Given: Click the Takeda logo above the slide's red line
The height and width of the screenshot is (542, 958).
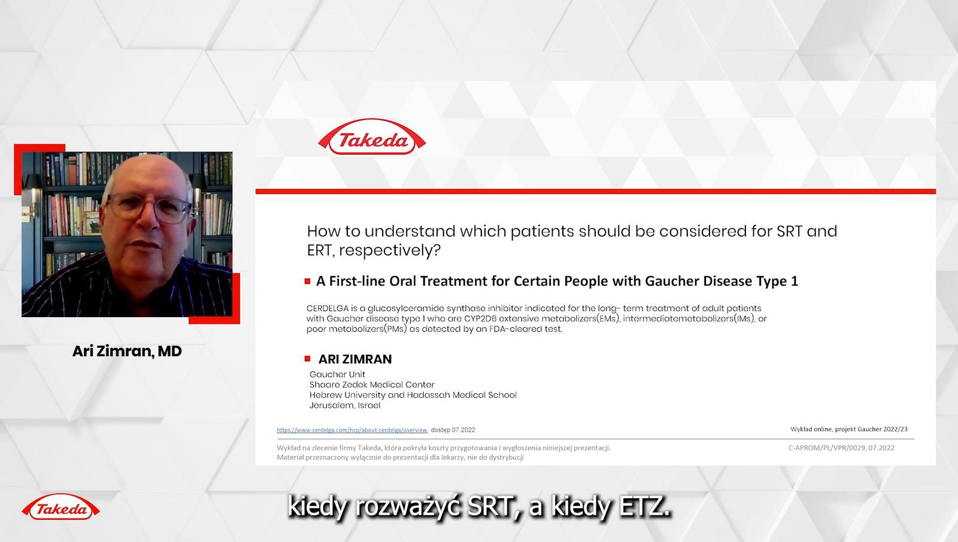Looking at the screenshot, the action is click(372, 137).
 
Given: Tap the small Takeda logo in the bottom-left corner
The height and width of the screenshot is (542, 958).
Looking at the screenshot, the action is click(60, 507).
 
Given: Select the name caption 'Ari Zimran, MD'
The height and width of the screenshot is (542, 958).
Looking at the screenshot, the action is click(127, 351).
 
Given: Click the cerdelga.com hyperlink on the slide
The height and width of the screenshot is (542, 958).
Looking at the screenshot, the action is click(352, 430).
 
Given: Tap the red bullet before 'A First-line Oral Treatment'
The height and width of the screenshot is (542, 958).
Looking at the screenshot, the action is click(307, 281).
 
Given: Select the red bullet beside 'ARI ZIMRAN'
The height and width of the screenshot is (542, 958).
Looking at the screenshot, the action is click(307, 359).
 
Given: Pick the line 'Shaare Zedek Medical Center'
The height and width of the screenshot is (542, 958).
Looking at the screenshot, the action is click(372, 384).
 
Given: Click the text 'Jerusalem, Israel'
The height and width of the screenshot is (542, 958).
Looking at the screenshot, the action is click(345, 405).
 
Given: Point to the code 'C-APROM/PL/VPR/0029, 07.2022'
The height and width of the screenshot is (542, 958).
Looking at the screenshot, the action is click(841, 448).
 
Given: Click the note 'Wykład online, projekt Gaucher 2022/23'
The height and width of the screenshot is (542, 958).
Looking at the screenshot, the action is click(849, 429).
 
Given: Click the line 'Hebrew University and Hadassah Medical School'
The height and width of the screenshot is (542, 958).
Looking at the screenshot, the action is click(413, 395).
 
